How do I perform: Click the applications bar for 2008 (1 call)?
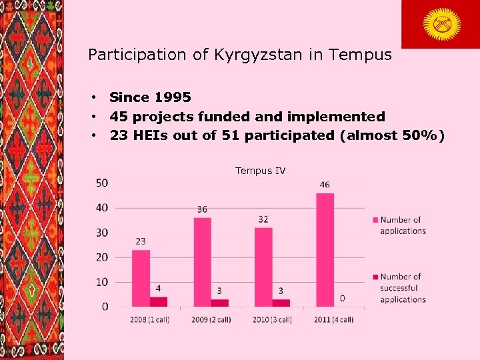141,278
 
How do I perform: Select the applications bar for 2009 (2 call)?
202,262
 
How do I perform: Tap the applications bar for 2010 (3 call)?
263,267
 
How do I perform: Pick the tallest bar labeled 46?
325,250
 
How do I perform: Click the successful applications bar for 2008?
158,301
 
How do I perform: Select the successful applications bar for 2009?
219,303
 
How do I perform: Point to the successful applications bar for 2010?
281,303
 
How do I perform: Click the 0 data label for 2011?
342,297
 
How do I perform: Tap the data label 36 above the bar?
202,209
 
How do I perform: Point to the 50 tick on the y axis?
102,183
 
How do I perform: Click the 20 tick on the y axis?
102,257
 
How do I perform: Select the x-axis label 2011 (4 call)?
333,319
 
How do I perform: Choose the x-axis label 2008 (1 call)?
149,319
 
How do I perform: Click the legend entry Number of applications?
402,225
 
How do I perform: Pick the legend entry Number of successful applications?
402,288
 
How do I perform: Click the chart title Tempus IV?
260,171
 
